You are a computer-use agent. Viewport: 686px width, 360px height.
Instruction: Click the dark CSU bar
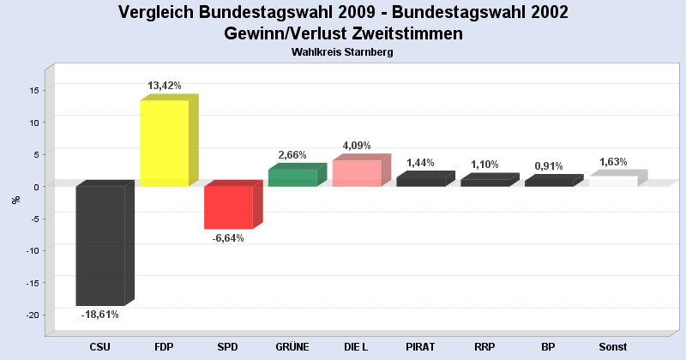point(100,245)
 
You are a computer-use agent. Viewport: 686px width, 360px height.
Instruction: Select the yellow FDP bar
point(164,143)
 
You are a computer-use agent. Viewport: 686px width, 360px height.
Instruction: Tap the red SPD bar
point(228,207)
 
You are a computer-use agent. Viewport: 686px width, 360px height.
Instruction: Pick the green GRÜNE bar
point(292,177)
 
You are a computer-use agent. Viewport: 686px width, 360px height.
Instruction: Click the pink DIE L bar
point(357,173)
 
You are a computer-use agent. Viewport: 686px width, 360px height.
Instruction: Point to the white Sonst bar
point(613,181)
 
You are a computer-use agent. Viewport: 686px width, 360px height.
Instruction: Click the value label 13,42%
point(165,86)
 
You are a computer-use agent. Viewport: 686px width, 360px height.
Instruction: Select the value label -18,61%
point(100,315)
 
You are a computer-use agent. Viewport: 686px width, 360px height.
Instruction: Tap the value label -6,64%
point(228,238)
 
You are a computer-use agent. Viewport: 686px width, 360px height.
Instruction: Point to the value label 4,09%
point(357,146)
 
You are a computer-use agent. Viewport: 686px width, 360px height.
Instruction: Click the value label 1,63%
point(613,162)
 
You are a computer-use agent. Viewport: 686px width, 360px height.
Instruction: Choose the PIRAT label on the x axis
point(420,347)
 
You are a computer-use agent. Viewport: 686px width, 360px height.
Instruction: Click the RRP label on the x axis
point(484,347)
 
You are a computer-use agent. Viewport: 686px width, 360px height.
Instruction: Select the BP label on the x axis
point(549,347)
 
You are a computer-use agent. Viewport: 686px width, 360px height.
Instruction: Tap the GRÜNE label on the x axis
point(292,347)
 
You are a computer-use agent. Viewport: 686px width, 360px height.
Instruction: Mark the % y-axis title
point(15,201)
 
